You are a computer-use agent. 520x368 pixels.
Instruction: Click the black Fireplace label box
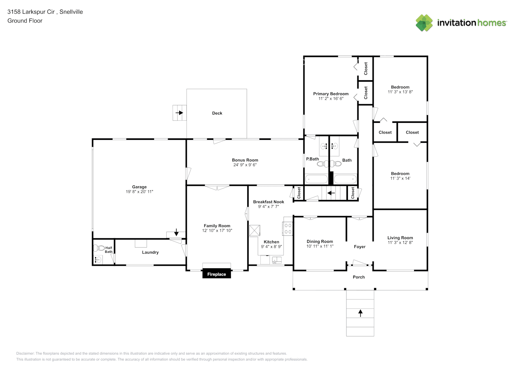click(217, 274)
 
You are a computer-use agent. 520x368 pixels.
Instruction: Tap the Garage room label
click(139, 187)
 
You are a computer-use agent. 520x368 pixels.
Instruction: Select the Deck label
click(217, 113)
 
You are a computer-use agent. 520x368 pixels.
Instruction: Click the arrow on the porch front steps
click(360, 313)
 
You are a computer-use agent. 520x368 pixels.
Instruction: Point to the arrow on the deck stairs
click(179, 113)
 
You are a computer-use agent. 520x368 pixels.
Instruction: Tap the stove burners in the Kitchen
click(288, 229)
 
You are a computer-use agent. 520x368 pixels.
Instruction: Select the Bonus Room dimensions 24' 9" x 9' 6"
click(245, 165)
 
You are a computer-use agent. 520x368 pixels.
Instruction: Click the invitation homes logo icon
click(424, 23)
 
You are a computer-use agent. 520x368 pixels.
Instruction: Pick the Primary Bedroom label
click(331, 94)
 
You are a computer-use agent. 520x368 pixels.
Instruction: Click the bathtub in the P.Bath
click(316, 179)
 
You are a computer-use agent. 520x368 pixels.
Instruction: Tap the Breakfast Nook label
click(268, 202)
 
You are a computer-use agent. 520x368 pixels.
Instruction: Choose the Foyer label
click(360, 247)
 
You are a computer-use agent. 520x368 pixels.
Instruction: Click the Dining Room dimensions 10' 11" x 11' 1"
click(320, 246)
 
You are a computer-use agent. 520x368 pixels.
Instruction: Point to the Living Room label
click(400, 238)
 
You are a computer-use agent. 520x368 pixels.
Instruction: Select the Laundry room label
click(150, 252)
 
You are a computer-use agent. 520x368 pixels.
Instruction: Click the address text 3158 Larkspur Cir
click(31, 12)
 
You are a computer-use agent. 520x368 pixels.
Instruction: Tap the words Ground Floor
click(25, 21)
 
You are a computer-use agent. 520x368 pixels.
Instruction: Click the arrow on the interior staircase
click(331, 192)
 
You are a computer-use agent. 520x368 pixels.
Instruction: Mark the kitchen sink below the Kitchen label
click(276, 260)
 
